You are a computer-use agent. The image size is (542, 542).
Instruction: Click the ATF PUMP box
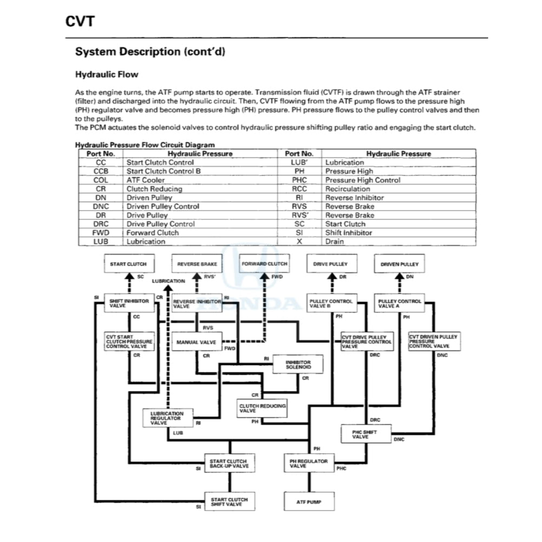(x=308, y=502)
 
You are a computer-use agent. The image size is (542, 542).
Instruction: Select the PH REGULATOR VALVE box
(x=308, y=463)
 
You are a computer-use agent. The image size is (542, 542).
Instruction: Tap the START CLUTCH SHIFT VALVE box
(x=229, y=502)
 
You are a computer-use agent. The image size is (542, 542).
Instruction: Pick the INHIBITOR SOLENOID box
(x=298, y=364)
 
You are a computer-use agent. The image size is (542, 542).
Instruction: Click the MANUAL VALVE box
(x=196, y=342)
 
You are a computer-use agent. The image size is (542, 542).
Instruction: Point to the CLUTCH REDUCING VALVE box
(x=263, y=408)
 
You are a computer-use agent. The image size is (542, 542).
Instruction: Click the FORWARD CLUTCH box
(x=265, y=264)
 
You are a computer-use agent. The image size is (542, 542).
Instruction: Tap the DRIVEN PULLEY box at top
(x=400, y=264)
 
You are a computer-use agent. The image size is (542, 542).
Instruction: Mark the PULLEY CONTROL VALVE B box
(x=332, y=303)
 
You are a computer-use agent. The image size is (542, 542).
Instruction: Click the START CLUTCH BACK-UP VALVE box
(x=229, y=463)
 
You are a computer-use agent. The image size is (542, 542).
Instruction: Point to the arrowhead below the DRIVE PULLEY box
(x=332, y=277)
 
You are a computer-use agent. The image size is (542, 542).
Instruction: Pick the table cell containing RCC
(x=299, y=189)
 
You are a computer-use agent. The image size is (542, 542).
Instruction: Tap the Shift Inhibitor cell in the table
(x=349, y=233)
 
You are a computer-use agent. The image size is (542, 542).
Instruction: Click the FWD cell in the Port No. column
(x=101, y=233)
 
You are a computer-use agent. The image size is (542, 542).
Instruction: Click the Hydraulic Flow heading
(x=107, y=74)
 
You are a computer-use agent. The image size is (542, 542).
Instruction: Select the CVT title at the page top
(x=80, y=21)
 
